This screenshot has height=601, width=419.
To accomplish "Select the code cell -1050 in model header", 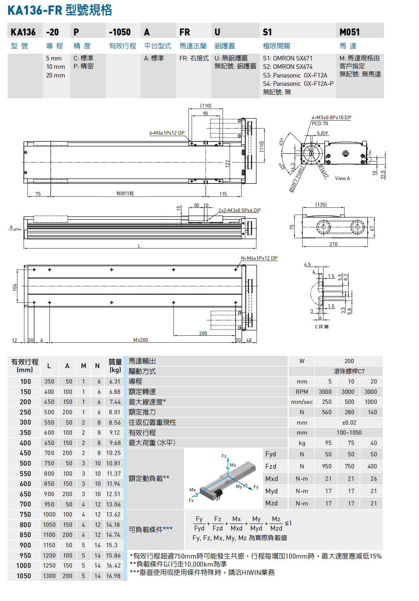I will point(120,32).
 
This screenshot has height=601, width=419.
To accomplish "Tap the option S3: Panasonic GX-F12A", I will point(295,75).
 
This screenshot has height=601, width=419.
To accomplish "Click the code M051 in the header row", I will point(350,32).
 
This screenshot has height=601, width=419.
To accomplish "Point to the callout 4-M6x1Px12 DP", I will point(167,133).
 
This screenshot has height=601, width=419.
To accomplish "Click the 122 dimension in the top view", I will point(228,163).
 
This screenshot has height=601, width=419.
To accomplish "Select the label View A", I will point(342,178).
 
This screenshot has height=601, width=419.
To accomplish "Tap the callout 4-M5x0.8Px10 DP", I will point(331,118).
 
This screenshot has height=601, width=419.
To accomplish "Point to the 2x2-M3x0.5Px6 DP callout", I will point(239,210).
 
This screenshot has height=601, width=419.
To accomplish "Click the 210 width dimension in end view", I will point(333,244).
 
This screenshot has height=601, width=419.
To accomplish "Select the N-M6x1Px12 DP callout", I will point(259,258).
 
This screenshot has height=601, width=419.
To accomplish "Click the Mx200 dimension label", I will point(140,340).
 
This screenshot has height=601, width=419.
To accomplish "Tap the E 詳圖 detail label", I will point(321,327).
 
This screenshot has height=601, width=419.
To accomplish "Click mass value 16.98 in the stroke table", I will point(114,576).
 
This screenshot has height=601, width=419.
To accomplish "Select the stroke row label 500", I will point(25,463).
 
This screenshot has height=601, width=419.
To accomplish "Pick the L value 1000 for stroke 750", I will point(49,514).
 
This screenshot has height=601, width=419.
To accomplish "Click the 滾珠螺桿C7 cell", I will point(349,371).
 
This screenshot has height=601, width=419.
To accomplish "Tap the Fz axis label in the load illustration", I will point(224,456).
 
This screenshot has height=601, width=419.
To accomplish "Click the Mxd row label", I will point(271,479).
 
